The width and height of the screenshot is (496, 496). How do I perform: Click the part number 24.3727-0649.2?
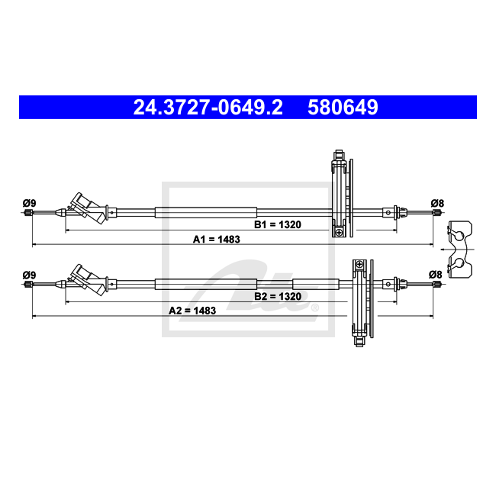(x=208, y=108)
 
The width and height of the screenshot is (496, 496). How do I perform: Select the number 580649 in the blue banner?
(x=343, y=108)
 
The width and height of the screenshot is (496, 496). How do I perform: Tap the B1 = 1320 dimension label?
(x=278, y=224)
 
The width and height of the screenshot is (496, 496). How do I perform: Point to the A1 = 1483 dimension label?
(x=217, y=240)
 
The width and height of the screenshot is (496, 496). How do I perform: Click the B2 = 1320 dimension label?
(x=278, y=296)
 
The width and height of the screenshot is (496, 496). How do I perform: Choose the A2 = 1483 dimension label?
(x=192, y=311)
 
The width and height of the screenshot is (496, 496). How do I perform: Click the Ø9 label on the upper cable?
(x=29, y=203)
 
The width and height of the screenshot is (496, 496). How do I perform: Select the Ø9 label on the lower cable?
(x=29, y=275)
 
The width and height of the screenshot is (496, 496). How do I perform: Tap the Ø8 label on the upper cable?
(x=437, y=203)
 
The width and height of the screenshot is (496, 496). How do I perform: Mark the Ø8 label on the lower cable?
(x=436, y=275)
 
